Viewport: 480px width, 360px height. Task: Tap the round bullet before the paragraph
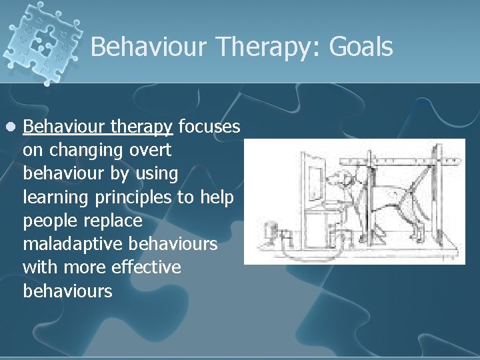9,127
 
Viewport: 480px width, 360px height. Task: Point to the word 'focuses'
209,127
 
